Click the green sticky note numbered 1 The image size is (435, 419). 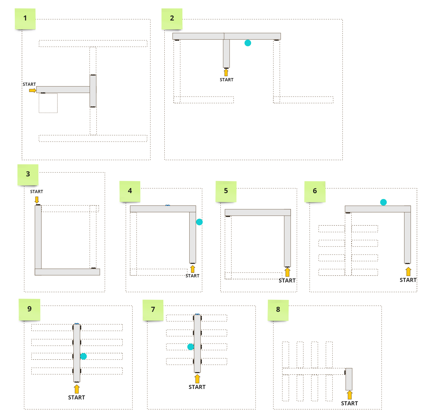point(25,19)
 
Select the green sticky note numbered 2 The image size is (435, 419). point(172,19)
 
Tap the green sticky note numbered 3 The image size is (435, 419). point(28,175)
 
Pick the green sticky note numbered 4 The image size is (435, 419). point(130,191)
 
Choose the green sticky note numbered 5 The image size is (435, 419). point(226,191)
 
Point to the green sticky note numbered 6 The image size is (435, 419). point(315,192)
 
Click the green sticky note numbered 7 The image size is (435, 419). point(153,310)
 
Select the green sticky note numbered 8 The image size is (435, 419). point(278,310)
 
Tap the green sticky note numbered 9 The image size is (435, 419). point(30,310)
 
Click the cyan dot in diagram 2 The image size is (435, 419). point(248,43)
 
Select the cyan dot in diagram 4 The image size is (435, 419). point(199,222)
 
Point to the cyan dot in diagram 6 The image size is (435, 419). point(384,202)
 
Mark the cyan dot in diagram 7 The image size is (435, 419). point(191,347)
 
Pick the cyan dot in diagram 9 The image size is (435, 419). point(83,356)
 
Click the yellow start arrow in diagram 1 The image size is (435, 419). point(32,90)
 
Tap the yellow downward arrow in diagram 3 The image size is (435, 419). point(37,200)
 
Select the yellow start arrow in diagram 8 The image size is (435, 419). point(349,395)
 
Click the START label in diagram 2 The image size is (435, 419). point(227,80)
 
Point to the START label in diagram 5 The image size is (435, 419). point(287,281)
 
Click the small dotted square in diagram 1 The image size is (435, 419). point(48,103)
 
